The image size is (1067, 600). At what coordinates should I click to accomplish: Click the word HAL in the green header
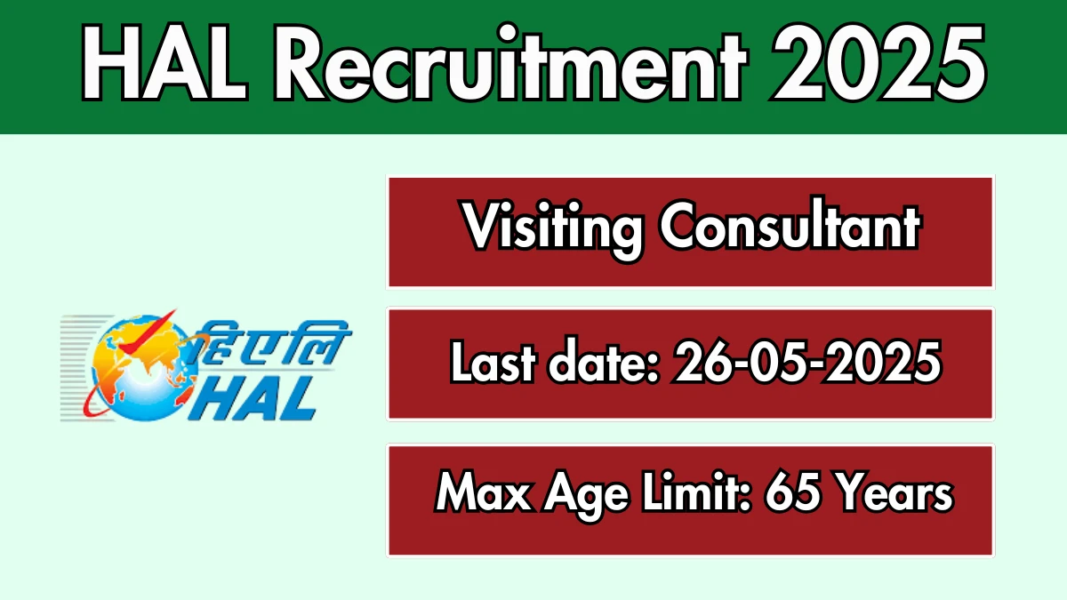coord(165,63)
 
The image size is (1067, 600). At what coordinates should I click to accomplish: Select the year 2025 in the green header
coord(879,62)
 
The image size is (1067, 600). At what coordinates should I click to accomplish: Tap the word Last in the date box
coord(493,362)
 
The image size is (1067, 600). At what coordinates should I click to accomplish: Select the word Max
coord(484,493)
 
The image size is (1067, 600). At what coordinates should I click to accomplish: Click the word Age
coord(587,496)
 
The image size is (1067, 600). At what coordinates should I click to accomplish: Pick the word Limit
coord(696,492)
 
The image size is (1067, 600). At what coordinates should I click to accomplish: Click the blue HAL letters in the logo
coord(253,399)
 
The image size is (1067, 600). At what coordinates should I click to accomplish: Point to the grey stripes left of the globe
coord(81,368)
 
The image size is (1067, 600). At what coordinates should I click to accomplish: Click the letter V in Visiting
coord(482,225)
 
